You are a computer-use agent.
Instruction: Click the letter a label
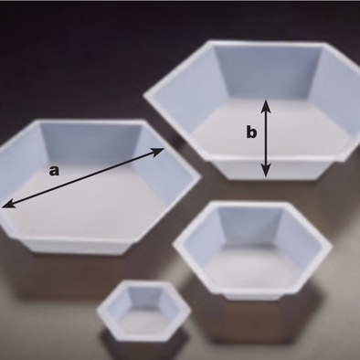pyautogui.click(x=54, y=171)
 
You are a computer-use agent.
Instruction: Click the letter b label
pyautogui.click(x=251, y=132)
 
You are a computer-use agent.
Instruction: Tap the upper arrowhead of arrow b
pyautogui.click(x=266, y=106)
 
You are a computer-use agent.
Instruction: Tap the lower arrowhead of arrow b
pyautogui.click(x=266, y=170)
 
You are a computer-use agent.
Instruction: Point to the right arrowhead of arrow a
pyautogui.click(x=158, y=152)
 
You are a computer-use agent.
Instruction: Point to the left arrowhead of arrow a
pyautogui.click(x=8, y=203)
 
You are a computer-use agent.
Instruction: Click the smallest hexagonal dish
pyautogui.click(x=143, y=311)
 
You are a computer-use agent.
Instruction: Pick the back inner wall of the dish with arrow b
pyautogui.click(x=268, y=72)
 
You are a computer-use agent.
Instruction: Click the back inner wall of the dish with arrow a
pyautogui.click(x=90, y=143)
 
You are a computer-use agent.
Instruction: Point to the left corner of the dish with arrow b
pyautogui.click(x=144, y=96)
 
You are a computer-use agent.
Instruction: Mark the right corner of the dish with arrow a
pyautogui.click(x=200, y=176)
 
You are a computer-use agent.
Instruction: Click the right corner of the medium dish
pyautogui.click(x=331, y=246)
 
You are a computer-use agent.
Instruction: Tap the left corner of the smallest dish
pyautogui.click(x=98, y=311)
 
